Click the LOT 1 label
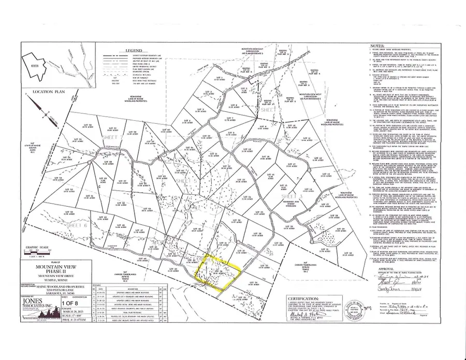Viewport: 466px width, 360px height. (220, 78)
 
